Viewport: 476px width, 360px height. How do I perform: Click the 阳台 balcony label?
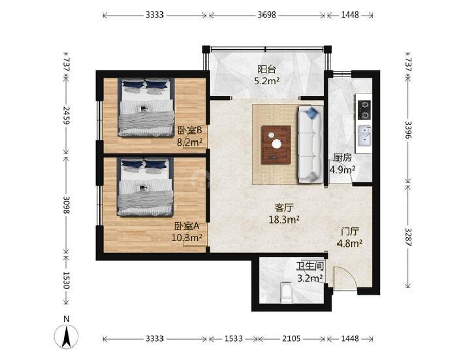(266, 69)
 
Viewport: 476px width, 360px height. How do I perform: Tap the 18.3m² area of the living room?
(285, 220)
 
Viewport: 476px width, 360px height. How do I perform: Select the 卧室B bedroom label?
(190, 130)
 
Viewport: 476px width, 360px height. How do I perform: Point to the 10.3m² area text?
(187, 238)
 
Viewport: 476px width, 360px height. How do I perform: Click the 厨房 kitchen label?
(342, 157)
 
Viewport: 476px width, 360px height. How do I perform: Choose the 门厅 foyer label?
(350, 232)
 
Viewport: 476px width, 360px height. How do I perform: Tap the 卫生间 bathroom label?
(310, 267)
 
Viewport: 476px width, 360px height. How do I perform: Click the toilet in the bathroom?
(286, 293)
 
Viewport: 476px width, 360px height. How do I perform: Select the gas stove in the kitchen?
(364, 110)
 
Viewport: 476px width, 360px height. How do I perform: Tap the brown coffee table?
(276, 144)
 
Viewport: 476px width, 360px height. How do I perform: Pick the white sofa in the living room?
(310, 144)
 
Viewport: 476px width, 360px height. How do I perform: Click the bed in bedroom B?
(146, 107)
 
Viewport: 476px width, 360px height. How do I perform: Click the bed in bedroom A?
(146, 186)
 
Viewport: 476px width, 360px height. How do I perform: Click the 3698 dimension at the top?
(267, 14)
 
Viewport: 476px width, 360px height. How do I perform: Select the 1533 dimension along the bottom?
(233, 338)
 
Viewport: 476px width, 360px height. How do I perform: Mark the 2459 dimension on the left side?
(67, 115)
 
